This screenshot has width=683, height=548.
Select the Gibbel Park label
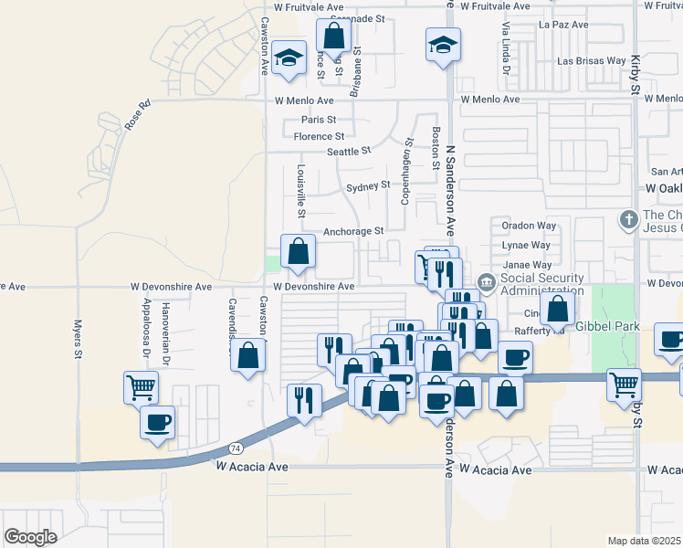click(604, 326)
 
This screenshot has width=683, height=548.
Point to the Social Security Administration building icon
click(486, 283)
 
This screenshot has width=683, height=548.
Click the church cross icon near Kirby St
click(627, 220)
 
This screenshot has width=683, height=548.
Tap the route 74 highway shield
click(235, 449)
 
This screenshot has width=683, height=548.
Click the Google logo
click(30, 537)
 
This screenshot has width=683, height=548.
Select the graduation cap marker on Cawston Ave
click(289, 58)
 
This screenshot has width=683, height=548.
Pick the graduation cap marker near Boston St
click(443, 44)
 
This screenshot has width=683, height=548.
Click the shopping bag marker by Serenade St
click(334, 37)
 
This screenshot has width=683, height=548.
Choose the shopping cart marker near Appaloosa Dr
click(141, 387)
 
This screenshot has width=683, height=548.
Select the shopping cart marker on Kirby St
click(625, 385)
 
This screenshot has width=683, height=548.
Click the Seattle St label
click(351, 152)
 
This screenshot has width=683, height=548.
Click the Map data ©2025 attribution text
click(645, 541)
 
